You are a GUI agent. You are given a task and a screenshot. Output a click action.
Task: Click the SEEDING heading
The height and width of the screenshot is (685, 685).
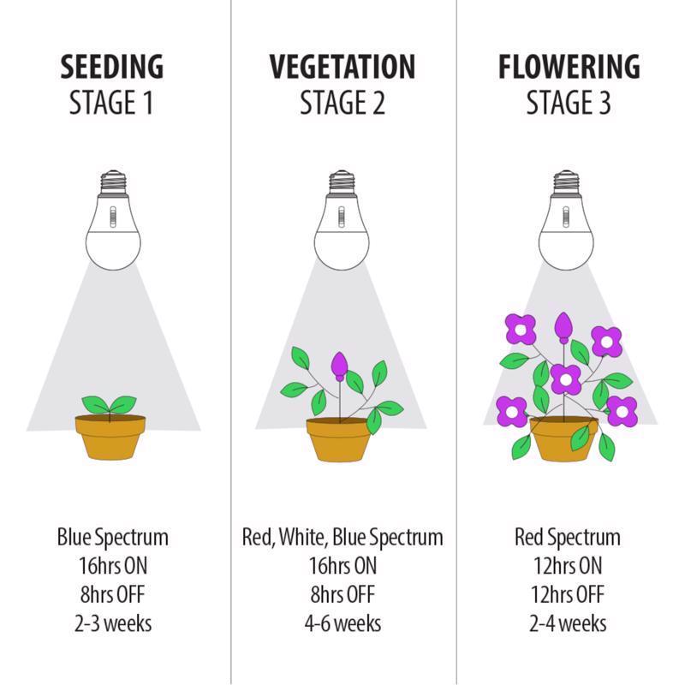point(112,67)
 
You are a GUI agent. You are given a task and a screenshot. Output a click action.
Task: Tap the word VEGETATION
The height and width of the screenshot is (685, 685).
point(342,67)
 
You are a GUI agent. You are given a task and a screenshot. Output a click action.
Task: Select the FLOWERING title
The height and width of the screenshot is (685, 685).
point(569,67)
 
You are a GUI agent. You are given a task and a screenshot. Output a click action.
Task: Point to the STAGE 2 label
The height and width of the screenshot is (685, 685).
point(342,103)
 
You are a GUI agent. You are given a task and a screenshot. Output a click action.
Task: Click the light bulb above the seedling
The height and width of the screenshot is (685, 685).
point(113,220)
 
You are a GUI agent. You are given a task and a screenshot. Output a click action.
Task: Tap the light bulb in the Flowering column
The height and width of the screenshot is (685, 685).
point(566,220)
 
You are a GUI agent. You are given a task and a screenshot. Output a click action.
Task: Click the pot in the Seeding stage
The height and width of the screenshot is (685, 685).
point(110,437)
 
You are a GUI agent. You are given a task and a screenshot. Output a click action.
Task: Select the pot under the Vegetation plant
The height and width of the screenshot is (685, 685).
point(339,439)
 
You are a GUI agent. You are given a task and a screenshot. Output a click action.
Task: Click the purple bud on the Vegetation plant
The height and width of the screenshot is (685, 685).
point(339,366)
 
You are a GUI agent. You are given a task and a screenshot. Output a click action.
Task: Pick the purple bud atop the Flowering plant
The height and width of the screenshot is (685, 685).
point(563,327)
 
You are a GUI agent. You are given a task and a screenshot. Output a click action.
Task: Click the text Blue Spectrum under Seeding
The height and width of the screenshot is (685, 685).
point(113,538)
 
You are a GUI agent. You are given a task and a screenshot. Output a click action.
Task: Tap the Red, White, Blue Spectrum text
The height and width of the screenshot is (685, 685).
point(342,538)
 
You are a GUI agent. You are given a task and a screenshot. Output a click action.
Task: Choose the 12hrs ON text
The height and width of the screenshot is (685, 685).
point(568,566)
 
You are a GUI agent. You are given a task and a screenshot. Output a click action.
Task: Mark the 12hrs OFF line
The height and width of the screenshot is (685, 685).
point(568,594)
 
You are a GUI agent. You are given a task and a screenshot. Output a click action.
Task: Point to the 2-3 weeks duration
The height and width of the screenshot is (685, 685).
point(113,623)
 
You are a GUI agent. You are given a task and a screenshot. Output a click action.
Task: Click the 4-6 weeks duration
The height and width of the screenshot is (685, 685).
point(342,623)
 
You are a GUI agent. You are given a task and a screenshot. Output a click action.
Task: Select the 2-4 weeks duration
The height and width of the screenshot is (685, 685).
point(568,623)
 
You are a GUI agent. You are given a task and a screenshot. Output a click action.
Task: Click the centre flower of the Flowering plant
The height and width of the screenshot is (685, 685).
point(566,379)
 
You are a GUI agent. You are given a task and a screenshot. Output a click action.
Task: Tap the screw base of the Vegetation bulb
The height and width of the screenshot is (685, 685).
point(342,182)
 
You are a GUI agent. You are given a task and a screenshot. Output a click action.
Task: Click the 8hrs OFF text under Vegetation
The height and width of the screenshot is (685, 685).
point(342,594)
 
